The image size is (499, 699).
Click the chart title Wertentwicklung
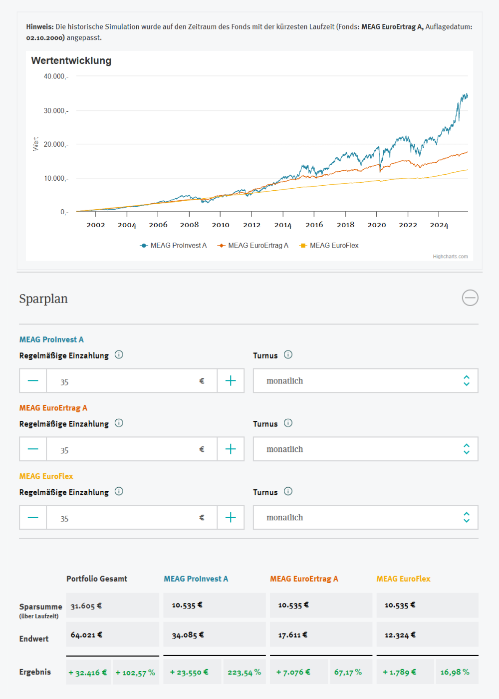click(71, 61)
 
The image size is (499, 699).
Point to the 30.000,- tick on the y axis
click(55, 111)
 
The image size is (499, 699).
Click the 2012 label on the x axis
click(251, 225)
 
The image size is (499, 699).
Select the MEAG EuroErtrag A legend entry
click(253, 246)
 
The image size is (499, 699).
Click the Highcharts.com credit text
click(450, 257)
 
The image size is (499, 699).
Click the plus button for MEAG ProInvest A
click(231, 381)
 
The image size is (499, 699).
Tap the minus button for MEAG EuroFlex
click(33, 518)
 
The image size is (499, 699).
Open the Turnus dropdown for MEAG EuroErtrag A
click(365, 449)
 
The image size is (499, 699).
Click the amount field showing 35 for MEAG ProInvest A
click(125, 381)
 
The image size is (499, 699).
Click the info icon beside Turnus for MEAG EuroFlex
click(288, 491)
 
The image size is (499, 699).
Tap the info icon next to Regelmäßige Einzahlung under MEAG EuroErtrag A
click(119, 423)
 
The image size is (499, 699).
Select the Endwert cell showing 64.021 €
click(112, 635)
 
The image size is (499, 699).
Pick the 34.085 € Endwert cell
click(214, 635)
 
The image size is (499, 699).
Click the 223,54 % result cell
click(244, 673)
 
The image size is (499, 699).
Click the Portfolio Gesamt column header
click(97, 579)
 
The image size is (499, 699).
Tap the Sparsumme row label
click(40, 607)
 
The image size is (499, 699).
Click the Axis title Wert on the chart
click(36, 144)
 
